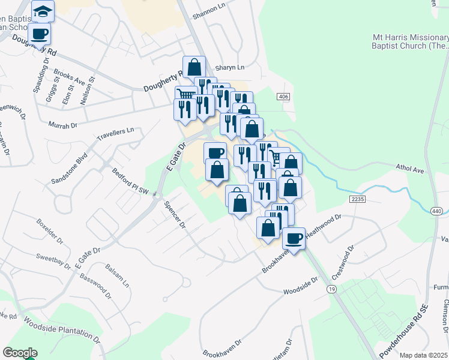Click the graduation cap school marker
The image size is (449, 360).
pos(43,11)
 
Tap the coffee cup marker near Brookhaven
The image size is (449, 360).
pos(294,238)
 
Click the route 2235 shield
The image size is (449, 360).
pos(357,199)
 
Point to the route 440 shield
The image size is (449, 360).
pos(436,211)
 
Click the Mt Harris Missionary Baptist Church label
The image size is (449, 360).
pos(410,41)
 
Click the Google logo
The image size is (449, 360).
pos(20,353)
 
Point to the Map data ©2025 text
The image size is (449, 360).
pos(423,355)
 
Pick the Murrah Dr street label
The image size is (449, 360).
pos(64,125)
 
